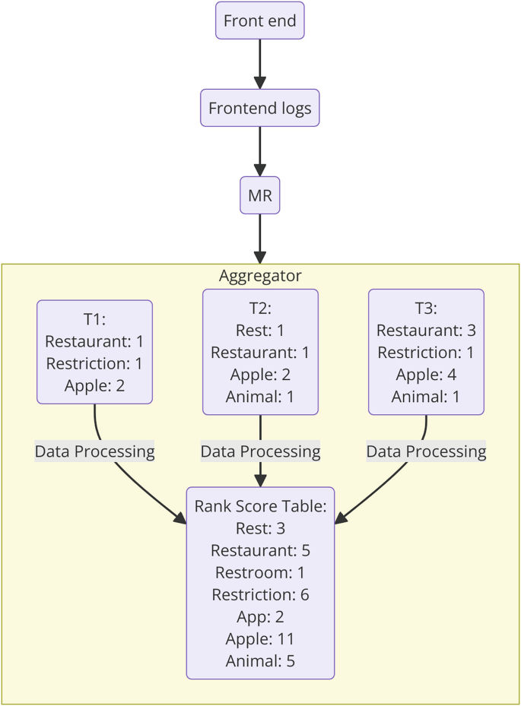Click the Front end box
pyautogui.click(x=260, y=21)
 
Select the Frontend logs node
pyautogui.click(x=260, y=108)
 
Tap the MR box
pyautogui.click(x=260, y=197)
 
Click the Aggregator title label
pyautogui.click(x=260, y=276)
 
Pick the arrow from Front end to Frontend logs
pyautogui.click(x=260, y=64)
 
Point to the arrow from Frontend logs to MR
pyautogui.click(x=260, y=152)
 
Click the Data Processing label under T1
pyautogui.click(x=95, y=451)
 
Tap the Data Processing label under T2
pyautogui.click(x=260, y=451)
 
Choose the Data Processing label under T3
pyautogui.click(x=426, y=451)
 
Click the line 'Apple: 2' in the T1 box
pyautogui.click(x=95, y=385)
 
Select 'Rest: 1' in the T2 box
pyautogui.click(x=260, y=331)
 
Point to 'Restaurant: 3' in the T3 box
pyautogui.click(x=426, y=331)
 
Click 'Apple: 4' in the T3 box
pyautogui.click(x=426, y=375)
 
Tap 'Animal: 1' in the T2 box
pyautogui.click(x=260, y=397)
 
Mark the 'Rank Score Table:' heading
pyautogui.click(x=260, y=506)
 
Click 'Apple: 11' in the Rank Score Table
pyautogui.click(x=260, y=638)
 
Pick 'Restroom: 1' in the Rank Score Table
pyautogui.click(x=260, y=572)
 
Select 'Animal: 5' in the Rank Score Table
pyautogui.click(x=260, y=660)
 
